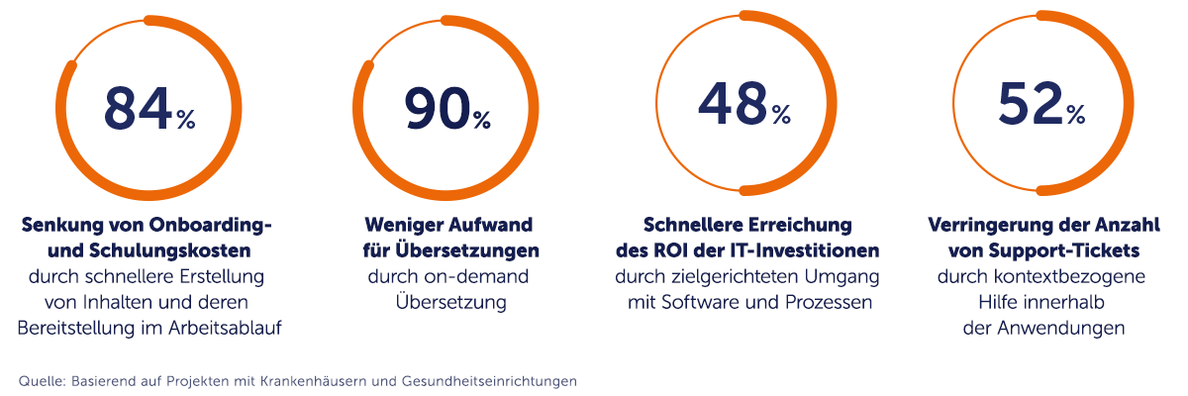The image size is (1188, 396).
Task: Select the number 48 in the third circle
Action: [x=733, y=102]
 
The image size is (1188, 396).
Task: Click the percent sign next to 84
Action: [x=186, y=120]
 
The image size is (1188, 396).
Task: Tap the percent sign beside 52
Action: [x=1076, y=115]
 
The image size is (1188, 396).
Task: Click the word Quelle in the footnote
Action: [x=40, y=380]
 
